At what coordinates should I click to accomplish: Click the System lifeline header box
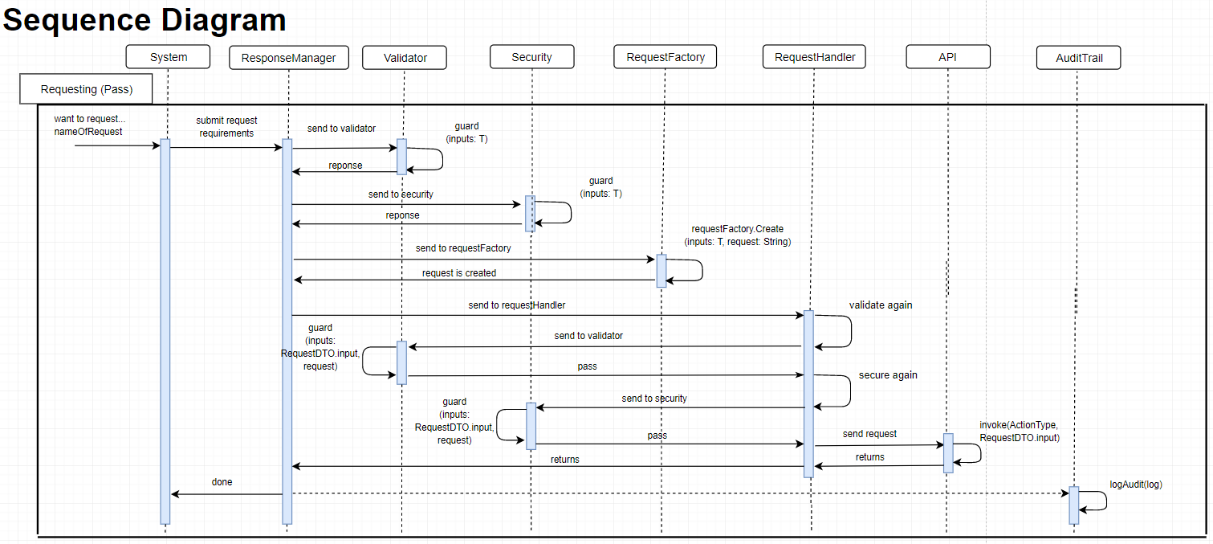(169, 57)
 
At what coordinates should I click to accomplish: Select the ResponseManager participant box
(288, 57)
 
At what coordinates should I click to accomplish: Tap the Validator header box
(405, 57)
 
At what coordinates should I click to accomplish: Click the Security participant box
(531, 57)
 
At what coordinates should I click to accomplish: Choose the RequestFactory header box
(665, 57)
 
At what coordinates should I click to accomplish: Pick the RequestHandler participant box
(814, 57)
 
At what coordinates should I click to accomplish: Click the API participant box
(947, 57)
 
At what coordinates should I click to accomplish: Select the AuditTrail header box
(1077, 58)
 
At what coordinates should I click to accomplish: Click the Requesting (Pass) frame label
(86, 89)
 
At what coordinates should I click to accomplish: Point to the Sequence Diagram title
(145, 20)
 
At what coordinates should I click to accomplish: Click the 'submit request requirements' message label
(226, 127)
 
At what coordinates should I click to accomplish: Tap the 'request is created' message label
(459, 273)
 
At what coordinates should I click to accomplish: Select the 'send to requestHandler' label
(516, 306)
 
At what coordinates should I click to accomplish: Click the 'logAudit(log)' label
(1135, 485)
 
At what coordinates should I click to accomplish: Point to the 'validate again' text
(881, 305)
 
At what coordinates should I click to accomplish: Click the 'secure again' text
(887, 375)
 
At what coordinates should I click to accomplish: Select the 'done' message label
(222, 482)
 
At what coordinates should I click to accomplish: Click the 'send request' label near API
(869, 434)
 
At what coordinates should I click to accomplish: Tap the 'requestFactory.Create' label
(737, 230)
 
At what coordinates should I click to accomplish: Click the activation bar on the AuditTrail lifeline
(1073, 505)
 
